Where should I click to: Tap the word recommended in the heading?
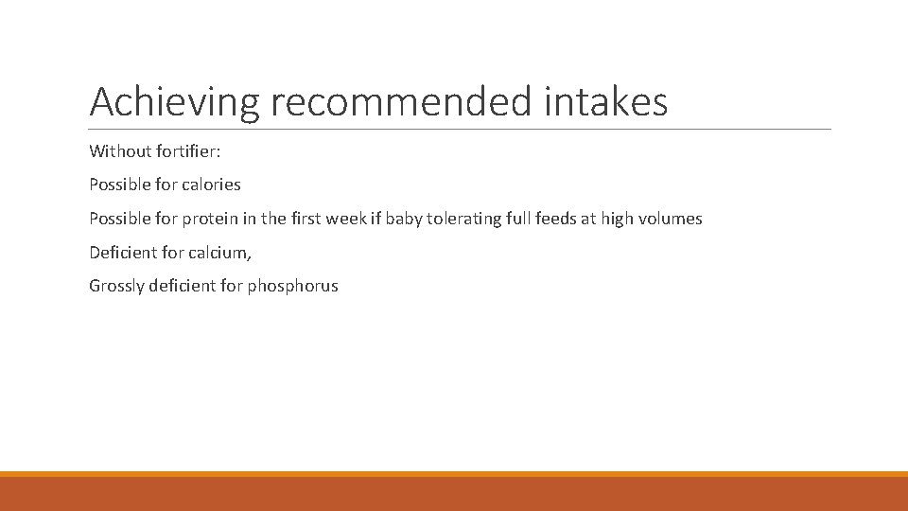(x=401, y=102)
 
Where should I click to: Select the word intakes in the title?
(x=606, y=102)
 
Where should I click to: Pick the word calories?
(x=209, y=185)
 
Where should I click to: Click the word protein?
(x=203, y=219)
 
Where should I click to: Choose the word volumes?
(x=670, y=219)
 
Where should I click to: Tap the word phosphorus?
(x=292, y=286)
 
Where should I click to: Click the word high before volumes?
(x=617, y=219)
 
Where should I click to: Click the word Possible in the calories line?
(x=120, y=185)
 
